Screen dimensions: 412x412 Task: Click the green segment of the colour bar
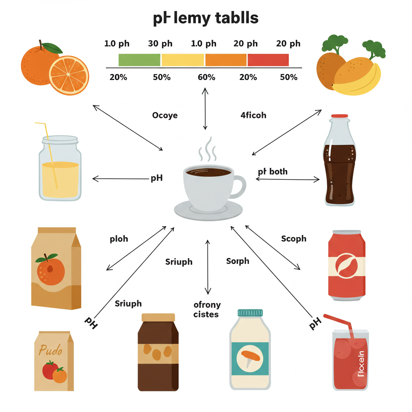[x=139, y=60]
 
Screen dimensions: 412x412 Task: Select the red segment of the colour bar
[x=268, y=60]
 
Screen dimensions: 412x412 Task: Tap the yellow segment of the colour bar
[x=182, y=60]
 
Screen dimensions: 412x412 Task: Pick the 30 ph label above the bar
[x=160, y=44]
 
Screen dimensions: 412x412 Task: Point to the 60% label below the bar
[x=206, y=77]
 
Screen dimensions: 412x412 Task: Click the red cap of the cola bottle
[x=340, y=116]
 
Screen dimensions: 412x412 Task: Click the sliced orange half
[x=69, y=75]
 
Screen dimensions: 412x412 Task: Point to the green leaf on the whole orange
[x=52, y=48]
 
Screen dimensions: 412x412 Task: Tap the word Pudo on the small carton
[x=51, y=350]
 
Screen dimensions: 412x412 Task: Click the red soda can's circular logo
[x=346, y=265]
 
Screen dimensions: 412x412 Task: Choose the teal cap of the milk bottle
[x=250, y=313]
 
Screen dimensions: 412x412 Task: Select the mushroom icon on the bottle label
[x=250, y=356]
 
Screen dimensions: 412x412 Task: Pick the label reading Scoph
[x=294, y=239]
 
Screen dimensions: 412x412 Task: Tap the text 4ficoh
[x=253, y=115]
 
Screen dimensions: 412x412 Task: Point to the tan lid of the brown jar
[x=158, y=317]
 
